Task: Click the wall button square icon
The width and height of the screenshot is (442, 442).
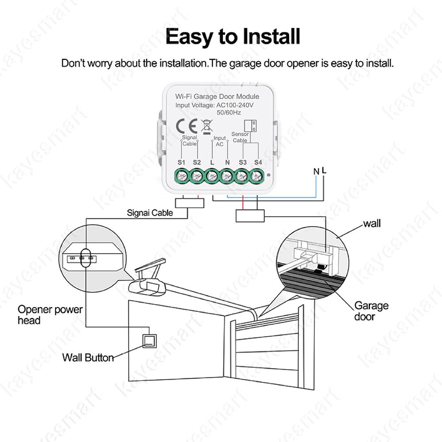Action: (x=149, y=341)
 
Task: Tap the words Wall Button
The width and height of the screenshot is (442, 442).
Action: (x=88, y=357)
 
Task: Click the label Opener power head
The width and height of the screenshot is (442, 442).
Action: (x=50, y=314)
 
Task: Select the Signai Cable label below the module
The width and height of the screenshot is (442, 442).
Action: (x=149, y=213)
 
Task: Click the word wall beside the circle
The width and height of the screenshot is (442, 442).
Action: (x=371, y=224)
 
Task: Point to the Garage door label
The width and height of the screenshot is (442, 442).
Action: (x=371, y=311)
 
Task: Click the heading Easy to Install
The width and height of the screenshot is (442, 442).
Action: (x=232, y=36)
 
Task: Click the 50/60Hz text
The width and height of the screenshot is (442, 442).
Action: (x=229, y=113)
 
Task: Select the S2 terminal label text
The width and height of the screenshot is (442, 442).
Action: (x=197, y=163)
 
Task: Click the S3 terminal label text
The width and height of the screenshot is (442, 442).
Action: (x=242, y=163)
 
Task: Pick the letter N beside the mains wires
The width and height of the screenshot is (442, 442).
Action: (x=316, y=171)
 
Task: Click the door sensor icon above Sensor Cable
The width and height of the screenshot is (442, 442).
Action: (x=251, y=125)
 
